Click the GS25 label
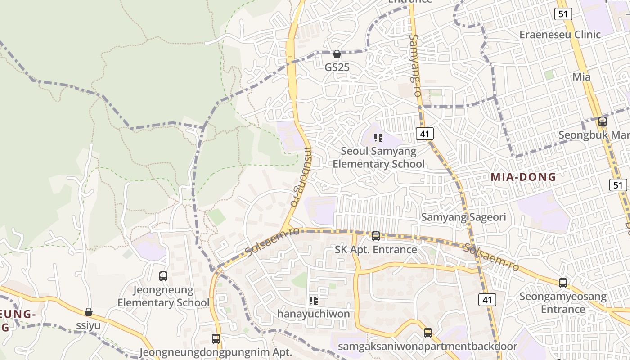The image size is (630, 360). tap(337, 67)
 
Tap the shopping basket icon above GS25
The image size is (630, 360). tap(337, 54)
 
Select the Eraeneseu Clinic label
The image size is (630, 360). tap(566, 35)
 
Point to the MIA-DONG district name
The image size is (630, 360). tap(523, 177)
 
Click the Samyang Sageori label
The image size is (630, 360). tap(463, 217)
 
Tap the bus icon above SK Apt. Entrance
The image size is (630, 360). tap(376, 236)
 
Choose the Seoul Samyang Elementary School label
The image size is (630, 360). tap(378, 157)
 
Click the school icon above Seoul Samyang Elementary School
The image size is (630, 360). tap(378, 137)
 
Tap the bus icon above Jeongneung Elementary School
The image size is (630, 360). tap(163, 276)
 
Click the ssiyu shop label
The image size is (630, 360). tap(88, 325)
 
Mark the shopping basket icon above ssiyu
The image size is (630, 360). tap(89, 312)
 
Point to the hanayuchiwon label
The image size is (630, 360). tap(313, 314)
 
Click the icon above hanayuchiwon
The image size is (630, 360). tap(314, 300)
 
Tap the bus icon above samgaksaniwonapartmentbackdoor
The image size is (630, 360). tap(427, 333)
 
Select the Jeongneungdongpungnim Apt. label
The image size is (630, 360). tap(216, 352)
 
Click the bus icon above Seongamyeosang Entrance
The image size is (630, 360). tap(562, 283)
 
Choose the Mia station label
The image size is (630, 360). tap(581, 77)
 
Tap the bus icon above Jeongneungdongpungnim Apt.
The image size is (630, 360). tap(216, 338)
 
